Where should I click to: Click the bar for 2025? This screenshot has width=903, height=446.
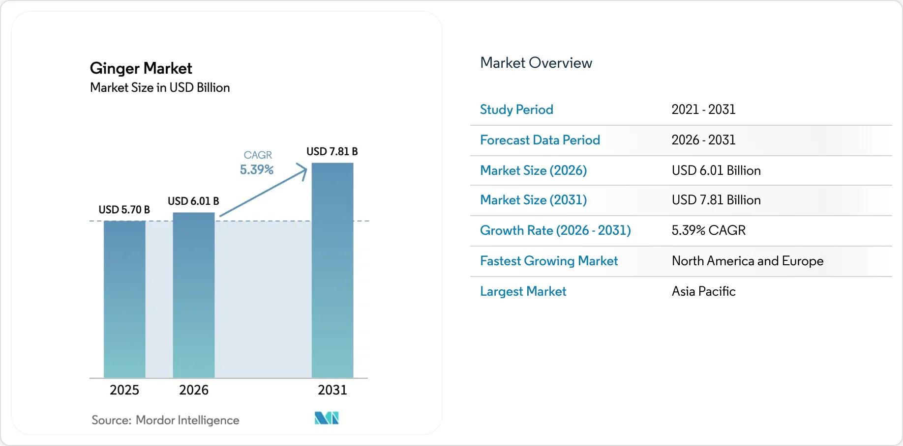point(124,299)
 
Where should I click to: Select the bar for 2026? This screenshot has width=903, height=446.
point(194,295)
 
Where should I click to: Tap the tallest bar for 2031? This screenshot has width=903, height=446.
point(332,270)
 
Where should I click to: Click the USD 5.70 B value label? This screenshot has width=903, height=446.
point(124,210)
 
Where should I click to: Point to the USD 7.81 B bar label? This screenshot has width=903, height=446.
point(332,151)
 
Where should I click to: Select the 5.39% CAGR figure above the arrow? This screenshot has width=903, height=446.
point(257,169)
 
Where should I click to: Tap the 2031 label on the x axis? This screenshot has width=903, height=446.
point(332,390)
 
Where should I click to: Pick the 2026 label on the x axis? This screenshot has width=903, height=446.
point(194,390)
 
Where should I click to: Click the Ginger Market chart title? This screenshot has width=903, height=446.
point(141,68)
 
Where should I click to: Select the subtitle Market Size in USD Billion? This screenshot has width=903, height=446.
point(160,87)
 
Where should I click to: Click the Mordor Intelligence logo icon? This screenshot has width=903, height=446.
point(327,418)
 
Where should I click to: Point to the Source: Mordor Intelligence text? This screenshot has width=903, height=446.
point(165,420)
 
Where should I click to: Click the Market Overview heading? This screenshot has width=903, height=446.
point(536,63)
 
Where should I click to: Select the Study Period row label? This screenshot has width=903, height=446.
point(516,110)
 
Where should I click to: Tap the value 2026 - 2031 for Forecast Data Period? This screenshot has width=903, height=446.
point(703,140)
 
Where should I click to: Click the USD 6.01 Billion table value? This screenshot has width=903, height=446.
point(716,170)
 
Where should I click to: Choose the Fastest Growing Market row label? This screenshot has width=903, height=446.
point(549,261)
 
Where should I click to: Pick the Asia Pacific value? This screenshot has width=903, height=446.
point(704,291)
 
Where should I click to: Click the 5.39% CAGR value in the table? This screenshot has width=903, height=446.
point(709,230)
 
